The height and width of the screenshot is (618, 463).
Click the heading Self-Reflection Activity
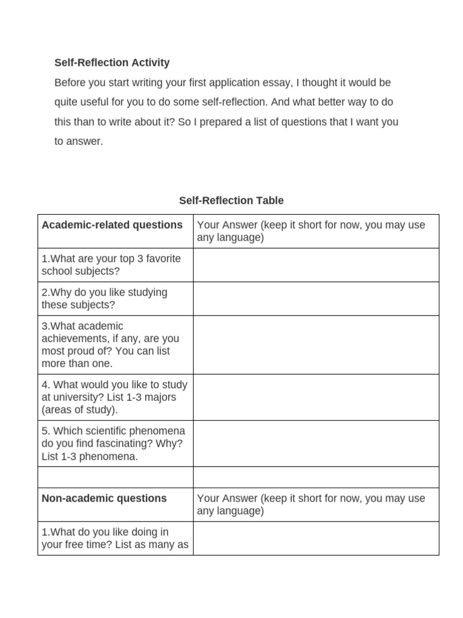tap(112, 63)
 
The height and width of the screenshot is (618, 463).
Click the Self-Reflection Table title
tap(231, 200)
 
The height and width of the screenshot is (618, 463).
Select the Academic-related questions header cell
tap(112, 225)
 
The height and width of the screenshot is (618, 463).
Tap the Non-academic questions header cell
tap(104, 499)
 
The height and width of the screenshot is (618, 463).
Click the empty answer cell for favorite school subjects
tap(316, 265)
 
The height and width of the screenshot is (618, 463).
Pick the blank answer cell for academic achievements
tap(316, 345)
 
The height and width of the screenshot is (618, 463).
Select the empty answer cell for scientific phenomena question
tap(316, 444)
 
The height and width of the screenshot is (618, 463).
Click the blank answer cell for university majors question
tap(316, 397)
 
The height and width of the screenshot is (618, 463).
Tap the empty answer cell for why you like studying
tap(316, 299)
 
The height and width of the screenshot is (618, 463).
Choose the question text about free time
tap(115, 538)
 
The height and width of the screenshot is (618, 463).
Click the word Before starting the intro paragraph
tap(71, 83)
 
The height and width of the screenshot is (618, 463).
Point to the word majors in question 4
tap(154, 397)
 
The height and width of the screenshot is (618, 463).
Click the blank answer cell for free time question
tap(316, 538)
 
